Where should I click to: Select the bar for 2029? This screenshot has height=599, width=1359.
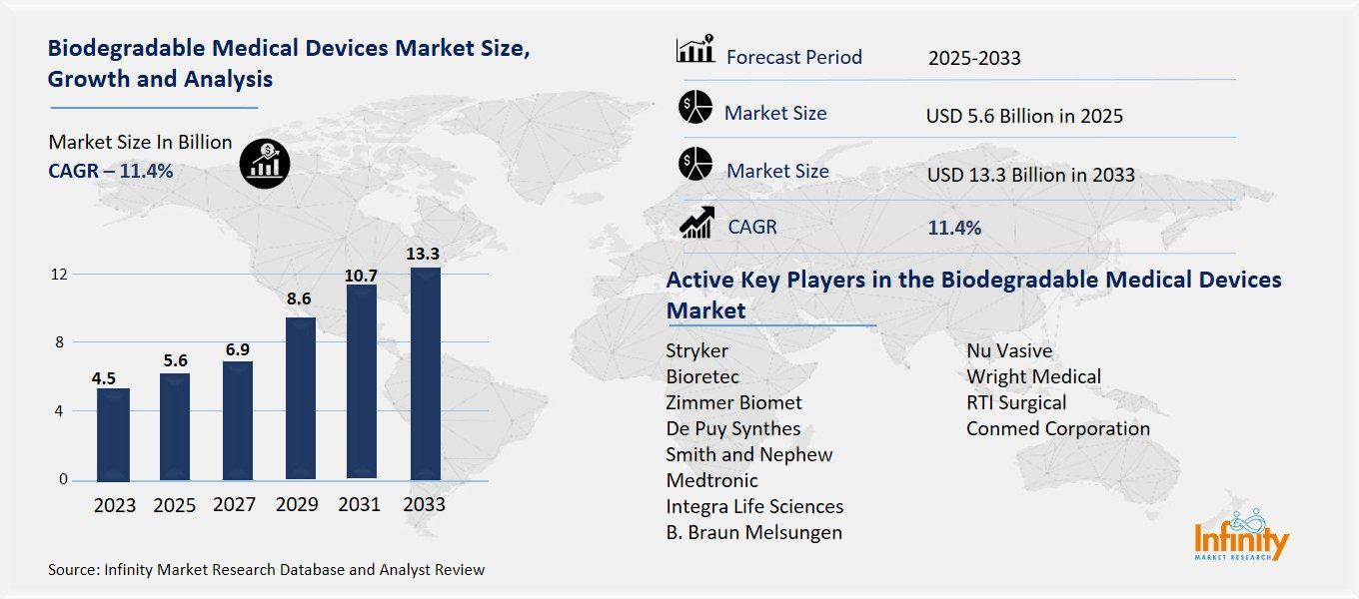click(300, 397)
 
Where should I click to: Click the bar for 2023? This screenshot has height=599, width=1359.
click(114, 433)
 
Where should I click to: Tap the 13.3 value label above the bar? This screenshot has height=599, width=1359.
click(423, 254)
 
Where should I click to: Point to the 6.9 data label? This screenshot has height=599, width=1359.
click(237, 348)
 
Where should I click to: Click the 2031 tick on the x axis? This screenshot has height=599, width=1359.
click(361, 504)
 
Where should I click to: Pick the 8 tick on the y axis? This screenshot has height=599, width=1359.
click(60, 342)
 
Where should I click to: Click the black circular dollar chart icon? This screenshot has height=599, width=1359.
click(265, 161)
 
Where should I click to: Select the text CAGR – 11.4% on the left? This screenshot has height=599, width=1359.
click(110, 171)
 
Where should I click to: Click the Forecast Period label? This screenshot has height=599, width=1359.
click(793, 57)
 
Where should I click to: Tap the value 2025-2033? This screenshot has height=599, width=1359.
click(974, 58)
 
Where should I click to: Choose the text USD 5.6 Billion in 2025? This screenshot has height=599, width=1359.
click(1024, 116)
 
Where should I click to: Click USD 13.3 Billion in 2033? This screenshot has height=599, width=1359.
click(1030, 175)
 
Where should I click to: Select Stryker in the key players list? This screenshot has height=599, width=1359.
click(696, 350)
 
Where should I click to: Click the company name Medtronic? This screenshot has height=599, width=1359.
click(711, 480)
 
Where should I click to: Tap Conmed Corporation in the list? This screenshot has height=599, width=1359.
click(1057, 428)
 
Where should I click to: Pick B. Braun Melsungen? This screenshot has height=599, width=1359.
click(753, 532)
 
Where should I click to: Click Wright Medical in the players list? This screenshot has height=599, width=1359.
click(1033, 376)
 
